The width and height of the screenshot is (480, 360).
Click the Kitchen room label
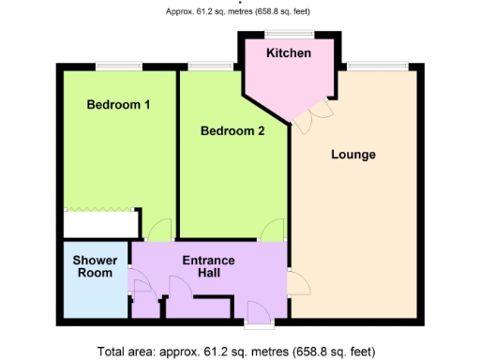coord(288,53)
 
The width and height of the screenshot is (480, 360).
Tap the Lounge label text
coord(353,155)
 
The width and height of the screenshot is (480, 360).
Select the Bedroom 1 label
coord(119,105)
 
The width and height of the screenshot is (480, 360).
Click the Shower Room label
coord(96,266)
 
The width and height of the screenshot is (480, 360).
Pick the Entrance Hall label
coord(208,266)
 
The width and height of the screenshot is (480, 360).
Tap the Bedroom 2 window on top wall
coord(211,66)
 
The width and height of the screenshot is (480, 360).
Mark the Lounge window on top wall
coord(377,66)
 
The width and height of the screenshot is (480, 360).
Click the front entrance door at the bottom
coord(257,315)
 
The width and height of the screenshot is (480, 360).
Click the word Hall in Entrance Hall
coord(208,273)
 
